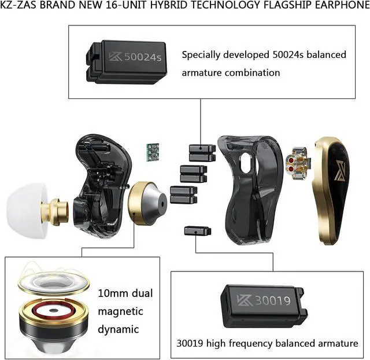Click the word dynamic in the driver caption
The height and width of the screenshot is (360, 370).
tap(119, 329)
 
